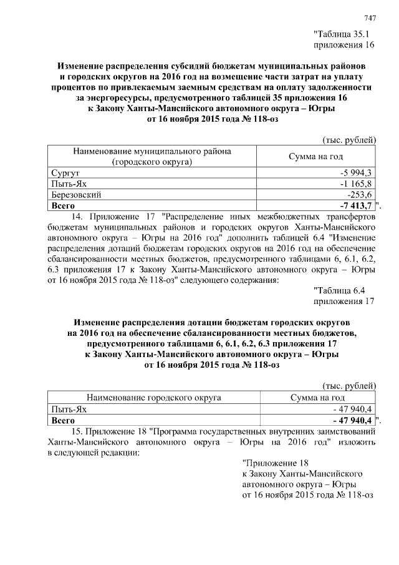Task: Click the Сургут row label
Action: (x=64, y=172)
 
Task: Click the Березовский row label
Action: (x=77, y=194)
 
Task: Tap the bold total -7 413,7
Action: (x=356, y=205)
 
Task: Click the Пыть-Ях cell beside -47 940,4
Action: (x=69, y=408)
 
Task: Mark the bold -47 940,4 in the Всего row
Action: (x=352, y=420)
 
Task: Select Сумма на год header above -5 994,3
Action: (x=315, y=156)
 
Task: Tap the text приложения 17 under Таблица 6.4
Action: (x=342, y=300)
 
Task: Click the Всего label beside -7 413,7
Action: (x=63, y=205)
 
